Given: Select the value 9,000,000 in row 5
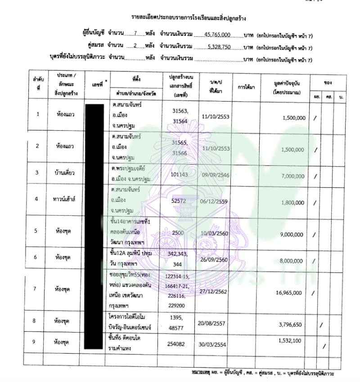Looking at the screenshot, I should pos(293,234).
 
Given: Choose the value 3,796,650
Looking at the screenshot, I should pos(293,324).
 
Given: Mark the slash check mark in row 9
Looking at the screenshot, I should pos(325,346).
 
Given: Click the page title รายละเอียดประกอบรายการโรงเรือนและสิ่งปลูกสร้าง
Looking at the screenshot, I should pos(189,18).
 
